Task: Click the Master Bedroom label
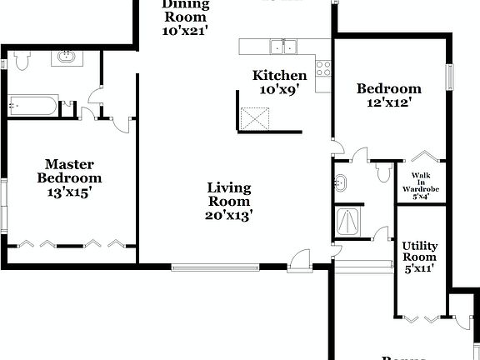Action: [x=69, y=171]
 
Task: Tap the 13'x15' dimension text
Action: [x=69, y=192]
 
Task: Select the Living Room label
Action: [x=229, y=193]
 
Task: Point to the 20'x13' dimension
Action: [x=229, y=215]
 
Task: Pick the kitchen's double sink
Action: [x=282, y=46]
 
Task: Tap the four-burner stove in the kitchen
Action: [x=322, y=68]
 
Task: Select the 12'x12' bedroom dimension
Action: [x=389, y=104]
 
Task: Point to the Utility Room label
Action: [x=419, y=252]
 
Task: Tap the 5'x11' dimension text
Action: [x=419, y=270]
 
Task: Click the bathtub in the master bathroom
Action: [x=33, y=106]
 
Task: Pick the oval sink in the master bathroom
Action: [x=65, y=58]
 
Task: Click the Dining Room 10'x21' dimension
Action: [x=185, y=31]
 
